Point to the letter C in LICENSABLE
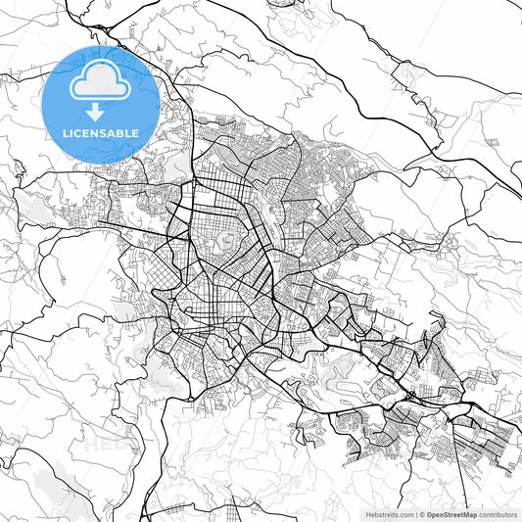pyautogui.click(x=78, y=132)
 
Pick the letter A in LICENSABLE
pyautogui.click(x=114, y=132)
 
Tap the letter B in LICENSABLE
pyautogui.click(x=122, y=132)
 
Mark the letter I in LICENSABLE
pyautogui.click(x=71, y=132)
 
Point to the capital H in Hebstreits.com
pyautogui.click(x=368, y=514)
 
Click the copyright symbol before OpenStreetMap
pyautogui.click(x=422, y=514)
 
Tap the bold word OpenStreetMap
pyautogui.click(x=451, y=514)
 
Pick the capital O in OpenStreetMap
pyautogui.click(x=429, y=514)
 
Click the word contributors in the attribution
pyautogui.click(x=498, y=514)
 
